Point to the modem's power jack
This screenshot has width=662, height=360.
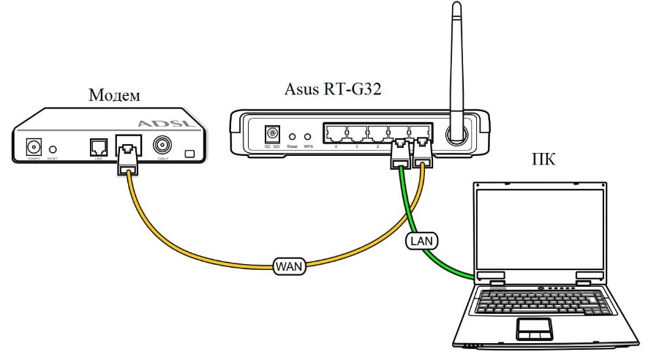(34, 146)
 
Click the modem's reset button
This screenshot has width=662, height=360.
(53, 149)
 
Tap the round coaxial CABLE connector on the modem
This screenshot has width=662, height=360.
(162, 146)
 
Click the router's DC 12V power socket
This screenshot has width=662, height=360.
(273, 134)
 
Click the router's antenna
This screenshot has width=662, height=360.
(456, 66)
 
